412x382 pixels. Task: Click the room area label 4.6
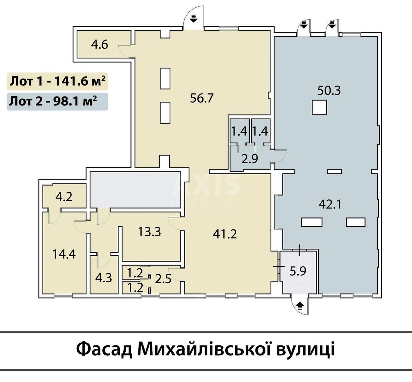pos(100,45)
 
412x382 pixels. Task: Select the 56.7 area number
pos(202,98)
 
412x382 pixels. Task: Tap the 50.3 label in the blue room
pos(329,91)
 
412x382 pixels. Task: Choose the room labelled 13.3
pos(149,232)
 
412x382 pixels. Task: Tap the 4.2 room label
pos(64,198)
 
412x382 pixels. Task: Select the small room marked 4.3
pos(104,277)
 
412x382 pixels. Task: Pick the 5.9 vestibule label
pos(298,271)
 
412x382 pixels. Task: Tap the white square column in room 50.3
pos(319,107)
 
